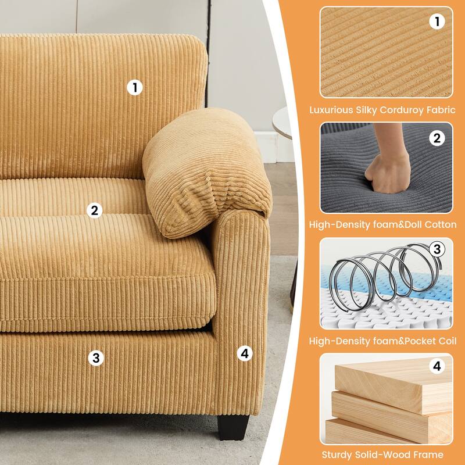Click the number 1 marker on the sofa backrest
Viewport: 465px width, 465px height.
[x=135, y=88]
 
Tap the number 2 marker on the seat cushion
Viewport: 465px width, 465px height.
[x=95, y=210]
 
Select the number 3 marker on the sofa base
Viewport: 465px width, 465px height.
[x=96, y=357]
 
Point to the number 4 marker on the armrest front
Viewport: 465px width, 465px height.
[x=245, y=353]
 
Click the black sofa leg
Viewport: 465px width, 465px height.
[x=233, y=427]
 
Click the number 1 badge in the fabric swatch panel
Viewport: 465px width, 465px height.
[x=437, y=22]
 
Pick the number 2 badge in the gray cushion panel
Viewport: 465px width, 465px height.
[x=437, y=138]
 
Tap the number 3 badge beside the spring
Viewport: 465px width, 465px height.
[x=437, y=249]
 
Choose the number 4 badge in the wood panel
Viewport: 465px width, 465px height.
[x=437, y=366]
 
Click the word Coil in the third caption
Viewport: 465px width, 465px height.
[x=448, y=341]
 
